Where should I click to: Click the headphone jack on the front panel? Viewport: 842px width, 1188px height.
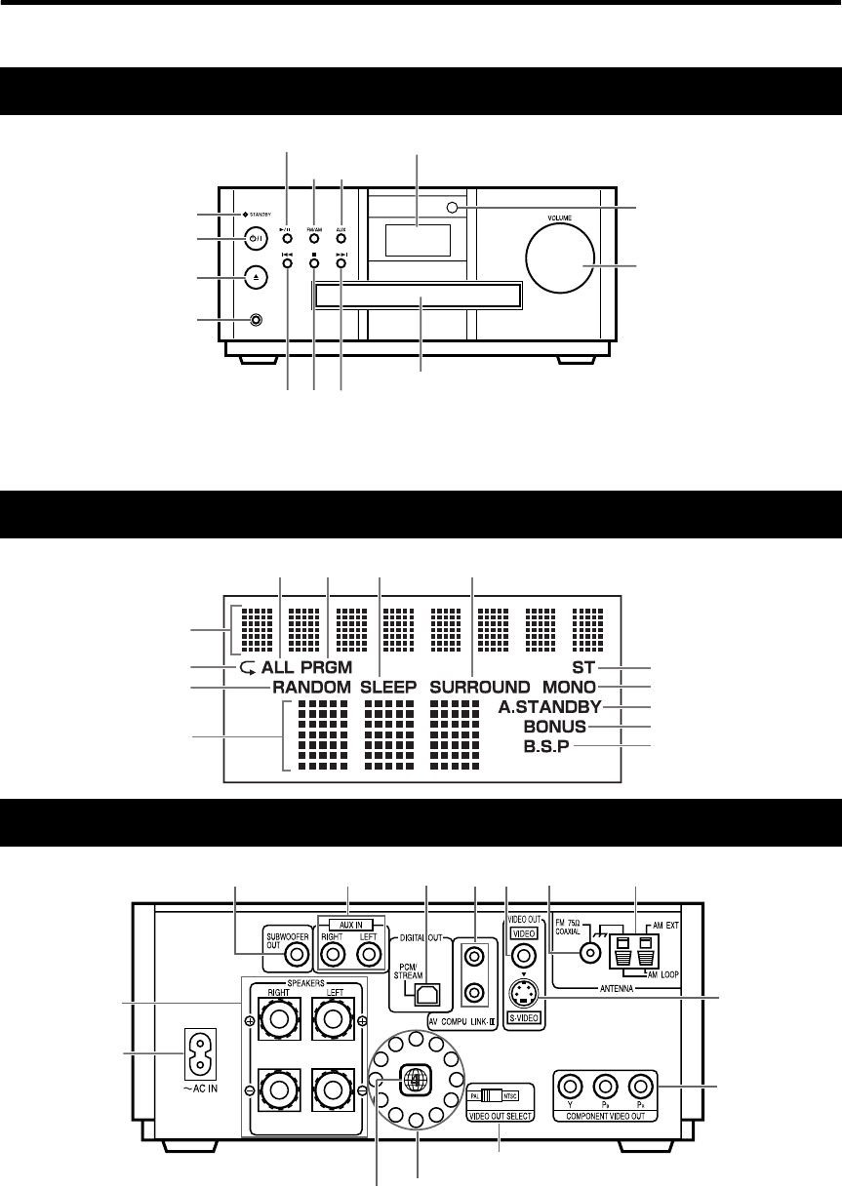(x=257, y=319)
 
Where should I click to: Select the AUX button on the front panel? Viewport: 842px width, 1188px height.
(x=341, y=236)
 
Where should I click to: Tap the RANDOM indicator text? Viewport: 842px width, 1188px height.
(x=310, y=687)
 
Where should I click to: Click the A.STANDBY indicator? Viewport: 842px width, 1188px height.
(x=553, y=706)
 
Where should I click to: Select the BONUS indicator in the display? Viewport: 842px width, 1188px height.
(x=553, y=727)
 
